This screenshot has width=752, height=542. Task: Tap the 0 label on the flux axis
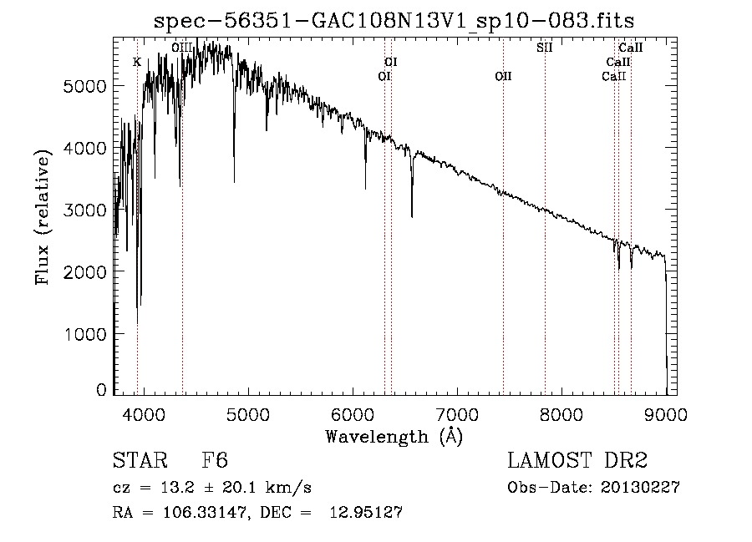click(101, 390)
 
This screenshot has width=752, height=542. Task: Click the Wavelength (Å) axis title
click(394, 436)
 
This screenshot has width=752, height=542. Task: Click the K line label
click(137, 62)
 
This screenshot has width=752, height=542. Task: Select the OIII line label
click(181, 48)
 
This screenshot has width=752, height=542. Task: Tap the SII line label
click(544, 48)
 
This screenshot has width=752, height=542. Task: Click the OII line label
click(503, 76)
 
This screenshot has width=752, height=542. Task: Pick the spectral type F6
click(215, 461)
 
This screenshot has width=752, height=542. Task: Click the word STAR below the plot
click(140, 461)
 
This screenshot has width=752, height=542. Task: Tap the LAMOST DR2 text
click(577, 461)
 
